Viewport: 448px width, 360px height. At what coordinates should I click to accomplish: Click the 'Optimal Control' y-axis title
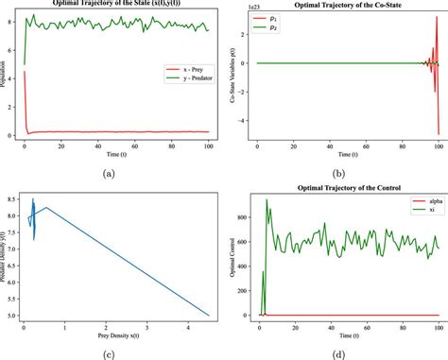tap(234, 257)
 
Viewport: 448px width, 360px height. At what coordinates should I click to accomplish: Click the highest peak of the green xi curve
tap(267, 199)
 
